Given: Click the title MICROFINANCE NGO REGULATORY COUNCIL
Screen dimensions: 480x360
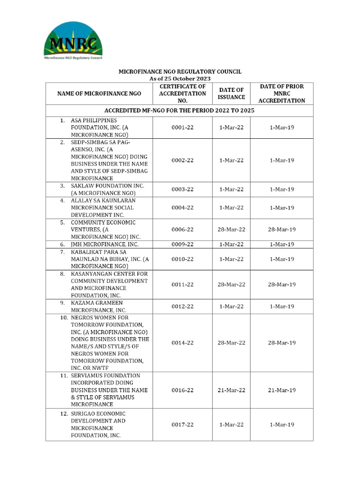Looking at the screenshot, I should pyautogui.click(x=180, y=71).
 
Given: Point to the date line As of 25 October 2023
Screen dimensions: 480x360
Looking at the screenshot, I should pyautogui.click(x=180, y=79).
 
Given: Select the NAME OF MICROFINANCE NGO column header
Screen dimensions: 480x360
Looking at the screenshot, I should pyautogui.click(x=99, y=94).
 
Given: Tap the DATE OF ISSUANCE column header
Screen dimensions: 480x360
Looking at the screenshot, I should pyautogui.click(x=231, y=93).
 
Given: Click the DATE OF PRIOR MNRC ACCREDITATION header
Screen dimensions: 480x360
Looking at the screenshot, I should pyautogui.click(x=282, y=93).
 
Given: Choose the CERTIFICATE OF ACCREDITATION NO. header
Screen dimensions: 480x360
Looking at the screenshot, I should pyautogui.click(x=182, y=93).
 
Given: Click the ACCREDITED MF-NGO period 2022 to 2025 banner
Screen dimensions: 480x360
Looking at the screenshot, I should pyautogui.click(x=180, y=111).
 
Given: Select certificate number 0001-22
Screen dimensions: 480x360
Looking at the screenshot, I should pyautogui.click(x=182, y=128).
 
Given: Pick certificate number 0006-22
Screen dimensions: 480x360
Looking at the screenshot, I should pyautogui.click(x=182, y=230).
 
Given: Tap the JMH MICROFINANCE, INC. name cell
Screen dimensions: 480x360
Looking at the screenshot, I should pyautogui.click(x=105, y=244).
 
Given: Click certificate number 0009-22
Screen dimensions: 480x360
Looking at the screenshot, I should pyautogui.click(x=182, y=244).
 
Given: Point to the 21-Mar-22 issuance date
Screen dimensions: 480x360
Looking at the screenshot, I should pyautogui.click(x=231, y=390).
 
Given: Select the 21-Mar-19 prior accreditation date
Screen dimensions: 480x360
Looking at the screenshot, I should pyautogui.click(x=282, y=390).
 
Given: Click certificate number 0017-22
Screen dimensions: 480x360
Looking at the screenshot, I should pyautogui.click(x=182, y=425).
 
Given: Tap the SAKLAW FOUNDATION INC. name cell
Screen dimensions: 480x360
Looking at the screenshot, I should pyautogui.click(x=107, y=189).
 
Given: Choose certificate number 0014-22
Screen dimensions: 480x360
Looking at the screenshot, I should pyautogui.click(x=182, y=343).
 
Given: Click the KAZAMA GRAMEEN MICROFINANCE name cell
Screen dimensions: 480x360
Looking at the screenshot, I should pyautogui.click(x=98, y=307).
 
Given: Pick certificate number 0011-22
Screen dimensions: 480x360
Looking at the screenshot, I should pyautogui.click(x=182, y=285).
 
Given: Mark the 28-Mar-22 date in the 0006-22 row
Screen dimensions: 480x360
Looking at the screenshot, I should pyautogui.click(x=231, y=230).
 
